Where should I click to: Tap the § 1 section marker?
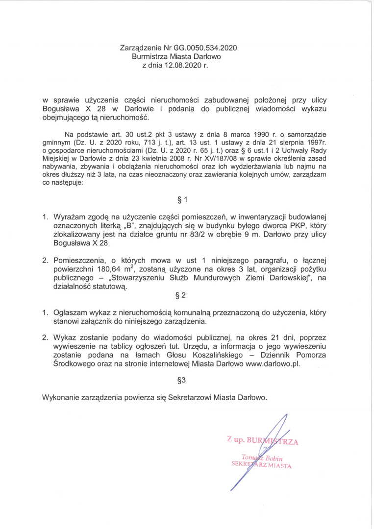click(182, 199)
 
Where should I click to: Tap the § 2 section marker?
click(181, 295)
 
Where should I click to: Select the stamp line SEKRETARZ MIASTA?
click(261, 465)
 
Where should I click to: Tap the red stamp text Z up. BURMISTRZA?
click(262, 441)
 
